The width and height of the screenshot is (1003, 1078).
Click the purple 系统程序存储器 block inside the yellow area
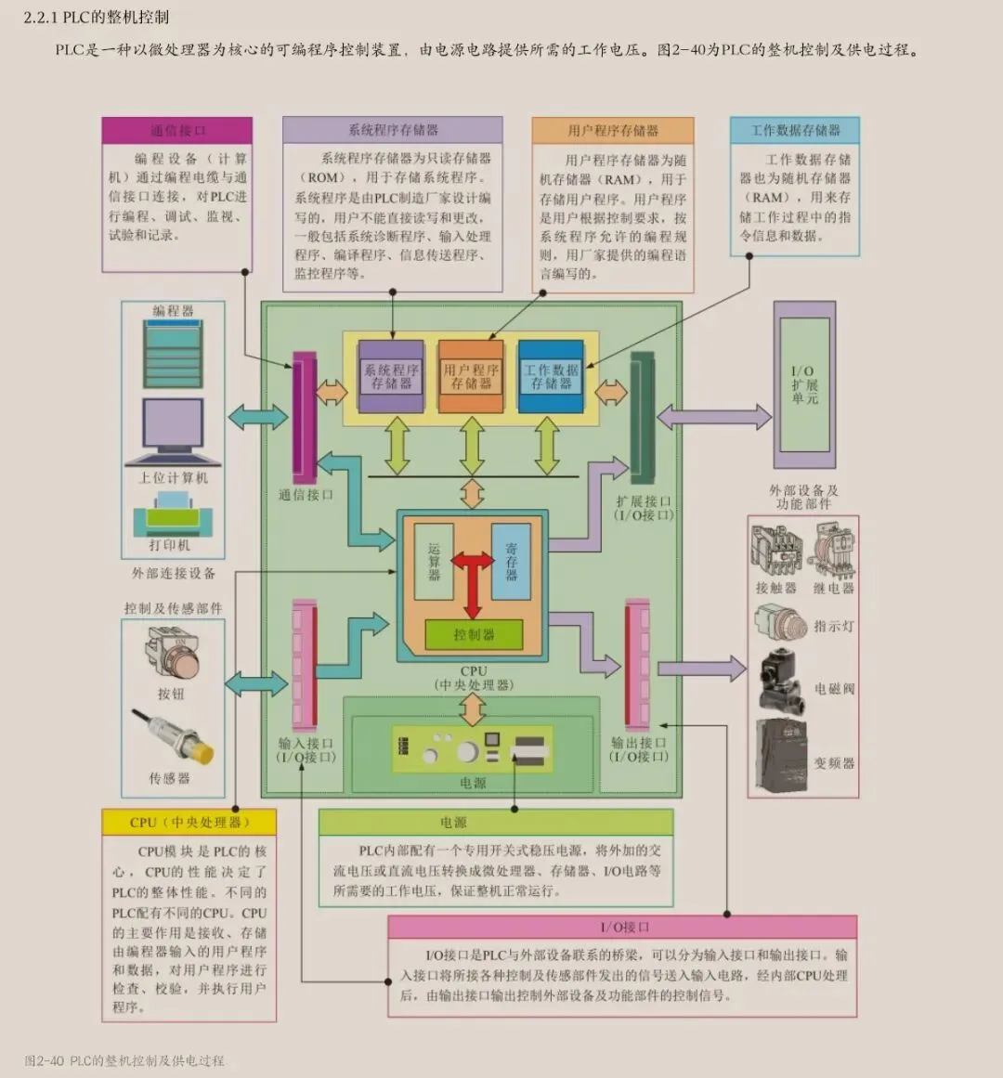391,375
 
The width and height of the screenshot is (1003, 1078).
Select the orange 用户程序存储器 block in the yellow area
471,375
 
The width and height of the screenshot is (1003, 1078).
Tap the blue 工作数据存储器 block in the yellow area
552,375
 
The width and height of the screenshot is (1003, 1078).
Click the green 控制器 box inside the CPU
474,634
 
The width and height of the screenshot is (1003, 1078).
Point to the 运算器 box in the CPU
434,561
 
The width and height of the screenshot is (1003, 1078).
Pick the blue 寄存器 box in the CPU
511,561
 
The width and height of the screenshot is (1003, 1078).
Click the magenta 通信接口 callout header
176,130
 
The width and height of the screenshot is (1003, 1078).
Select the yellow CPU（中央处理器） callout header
189,822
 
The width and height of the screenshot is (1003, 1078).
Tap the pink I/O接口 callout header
622,927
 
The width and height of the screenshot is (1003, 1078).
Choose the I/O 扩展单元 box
804,384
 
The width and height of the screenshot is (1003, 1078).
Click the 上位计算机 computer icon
173,433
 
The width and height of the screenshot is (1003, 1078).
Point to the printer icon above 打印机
174,515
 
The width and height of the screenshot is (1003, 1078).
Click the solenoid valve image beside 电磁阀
780,682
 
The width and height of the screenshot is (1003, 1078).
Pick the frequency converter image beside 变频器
784,755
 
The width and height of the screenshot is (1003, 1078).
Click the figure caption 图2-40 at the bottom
124,1059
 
